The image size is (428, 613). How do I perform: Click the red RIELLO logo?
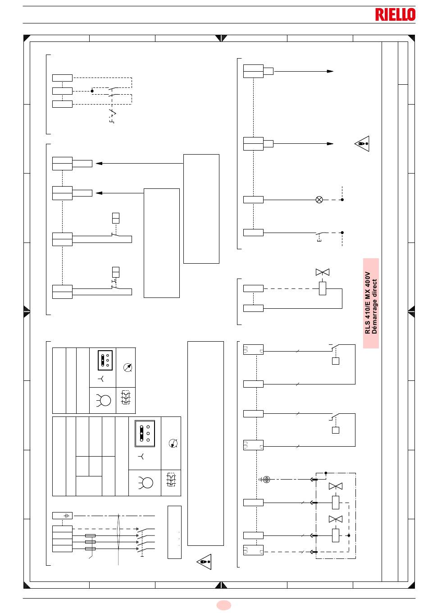[x=395, y=14]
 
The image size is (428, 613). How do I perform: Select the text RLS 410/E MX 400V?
[x=367, y=303]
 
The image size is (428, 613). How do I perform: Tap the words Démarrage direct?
[x=374, y=306]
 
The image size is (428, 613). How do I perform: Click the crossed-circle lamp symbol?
[x=319, y=200]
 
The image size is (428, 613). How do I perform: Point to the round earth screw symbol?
[x=266, y=480]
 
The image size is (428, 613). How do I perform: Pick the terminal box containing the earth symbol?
[x=62, y=516]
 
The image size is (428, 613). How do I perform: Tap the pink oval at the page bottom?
[x=223, y=605]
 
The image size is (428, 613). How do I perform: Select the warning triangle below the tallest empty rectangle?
[x=204, y=562]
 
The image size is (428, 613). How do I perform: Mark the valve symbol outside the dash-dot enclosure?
[x=323, y=272]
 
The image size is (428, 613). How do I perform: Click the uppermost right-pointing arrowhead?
[x=330, y=71]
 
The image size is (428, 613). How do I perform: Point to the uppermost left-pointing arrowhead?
[x=99, y=163]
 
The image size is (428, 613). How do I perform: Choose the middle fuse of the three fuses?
[x=90, y=542]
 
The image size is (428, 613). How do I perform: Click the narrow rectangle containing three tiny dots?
[x=174, y=532]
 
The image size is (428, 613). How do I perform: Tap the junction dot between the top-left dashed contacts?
[x=92, y=91]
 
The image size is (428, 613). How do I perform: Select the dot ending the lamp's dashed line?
[x=342, y=200]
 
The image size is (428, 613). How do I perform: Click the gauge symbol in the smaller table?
[x=127, y=367]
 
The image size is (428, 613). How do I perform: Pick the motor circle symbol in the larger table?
[x=146, y=482]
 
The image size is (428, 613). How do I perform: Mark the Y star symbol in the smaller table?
[x=101, y=379]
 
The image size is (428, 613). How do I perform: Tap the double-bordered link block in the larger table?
[x=145, y=434]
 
